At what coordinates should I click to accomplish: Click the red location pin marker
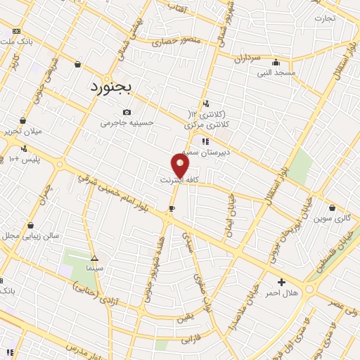click(181, 166)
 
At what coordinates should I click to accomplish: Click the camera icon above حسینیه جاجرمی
click(127, 112)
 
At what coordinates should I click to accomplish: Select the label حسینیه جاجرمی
click(127, 122)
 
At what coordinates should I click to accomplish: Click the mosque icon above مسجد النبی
click(276, 62)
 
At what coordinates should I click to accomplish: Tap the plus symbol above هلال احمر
click(281, 281)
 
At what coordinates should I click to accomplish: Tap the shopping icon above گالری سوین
click(333, 207)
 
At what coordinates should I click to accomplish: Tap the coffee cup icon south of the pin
click(172, 209)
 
